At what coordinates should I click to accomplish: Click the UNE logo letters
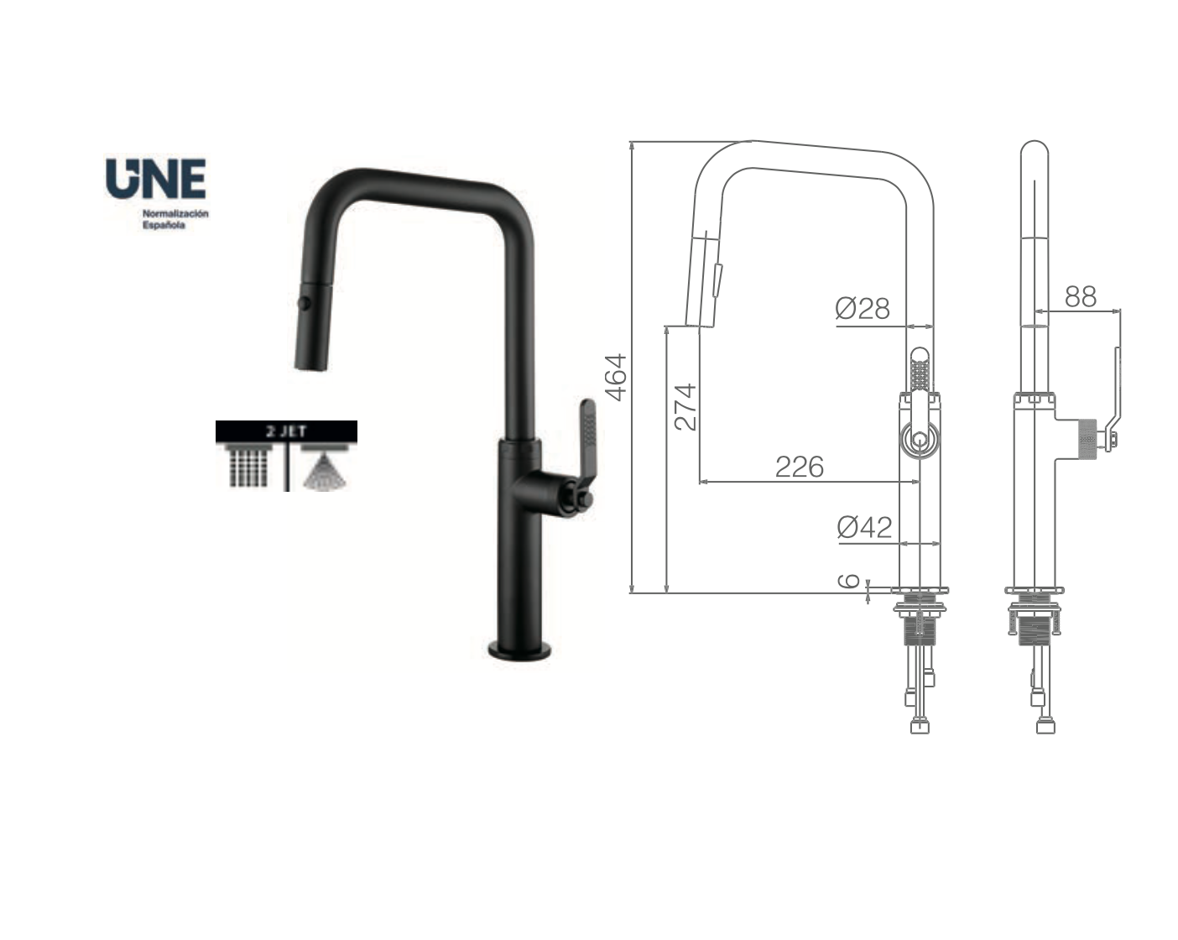pos(155,179)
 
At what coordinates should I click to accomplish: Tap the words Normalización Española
pos(175,220)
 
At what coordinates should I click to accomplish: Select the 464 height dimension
pos(617,377)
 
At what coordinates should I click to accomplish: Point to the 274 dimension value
pos(685,406)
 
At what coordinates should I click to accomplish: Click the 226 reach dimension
pos(799,467)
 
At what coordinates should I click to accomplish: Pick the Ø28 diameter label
pos(863,308)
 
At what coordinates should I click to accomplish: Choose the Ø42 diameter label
pos(864,527)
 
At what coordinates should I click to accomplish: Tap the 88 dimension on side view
pos(1081,296)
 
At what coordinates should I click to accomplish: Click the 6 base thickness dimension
pos(849,581)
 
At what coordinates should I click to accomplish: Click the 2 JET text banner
pos(286,431)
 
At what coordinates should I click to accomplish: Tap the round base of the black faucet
pos(520,650)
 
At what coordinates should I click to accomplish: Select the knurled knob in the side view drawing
pos(1087,437)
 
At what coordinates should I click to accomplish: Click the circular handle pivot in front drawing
pos(920,439)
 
